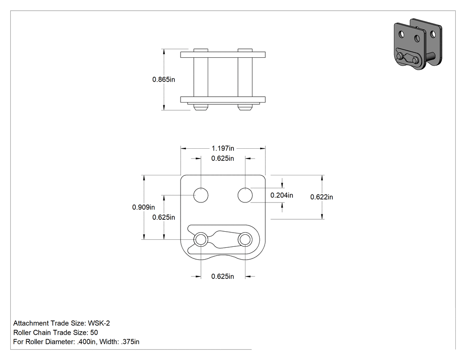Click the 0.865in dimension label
click(x=163, y=79)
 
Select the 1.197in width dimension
click(x=223, y=148)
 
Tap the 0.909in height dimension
click(x=143, y=207)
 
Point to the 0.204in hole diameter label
click(x=282, y=195)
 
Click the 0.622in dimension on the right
click(x=322, y=197)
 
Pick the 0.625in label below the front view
click(x=223, y=277)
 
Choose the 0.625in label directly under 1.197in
click(x=223, y=158)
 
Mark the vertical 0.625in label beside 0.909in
click(x=164, y=218)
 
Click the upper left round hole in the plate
click(x=201, y=195)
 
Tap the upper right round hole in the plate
click(x=245, y=195)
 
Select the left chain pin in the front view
click(x=201, y=239)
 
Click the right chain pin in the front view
click(x=245, y=239)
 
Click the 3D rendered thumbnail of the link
click(x=418, y=44)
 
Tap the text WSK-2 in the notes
click(x=99, y=323)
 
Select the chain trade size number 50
click(x=94, y=332)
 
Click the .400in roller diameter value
click(x=86, y=341)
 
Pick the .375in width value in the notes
click(x=130, y=341)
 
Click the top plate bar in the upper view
click(x=223, y=55)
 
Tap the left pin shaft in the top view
click(x=201, y=77)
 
